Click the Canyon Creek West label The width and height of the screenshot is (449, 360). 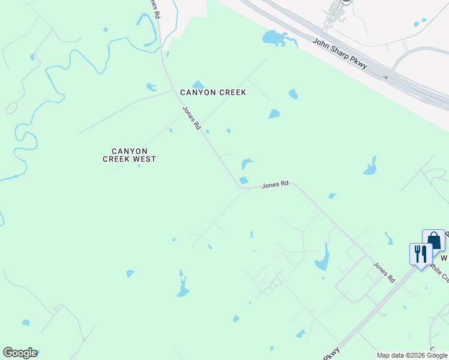tap(129, 155)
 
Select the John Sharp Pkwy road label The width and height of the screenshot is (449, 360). tap(340, 54)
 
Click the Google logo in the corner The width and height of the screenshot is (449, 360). tap(20, 353)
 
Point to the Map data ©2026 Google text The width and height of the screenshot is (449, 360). tap(412, 355)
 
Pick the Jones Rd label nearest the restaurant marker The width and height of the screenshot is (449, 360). tap(384, 272)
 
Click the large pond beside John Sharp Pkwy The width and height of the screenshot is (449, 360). tap(274, 38)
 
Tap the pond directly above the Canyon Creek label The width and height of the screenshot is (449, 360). tap(198, 85)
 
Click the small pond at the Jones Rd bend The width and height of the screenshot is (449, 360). tap(244, 181)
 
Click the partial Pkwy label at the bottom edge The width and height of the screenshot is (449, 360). tap(332, 353)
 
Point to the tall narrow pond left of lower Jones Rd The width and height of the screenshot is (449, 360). tap(323, 258)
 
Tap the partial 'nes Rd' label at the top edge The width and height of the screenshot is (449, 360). tap(155, 7)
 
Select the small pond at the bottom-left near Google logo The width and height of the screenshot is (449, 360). tap(26, 323)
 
